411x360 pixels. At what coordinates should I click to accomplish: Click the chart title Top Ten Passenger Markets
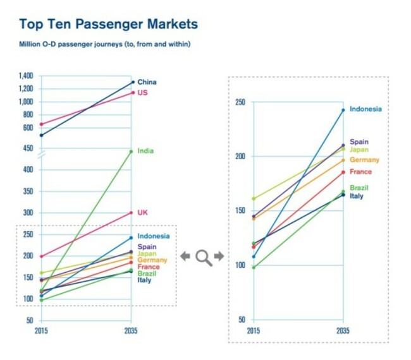[108, 25]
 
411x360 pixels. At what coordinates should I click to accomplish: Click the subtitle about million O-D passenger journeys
[105, 44]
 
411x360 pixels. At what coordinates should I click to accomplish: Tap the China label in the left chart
[147, 82]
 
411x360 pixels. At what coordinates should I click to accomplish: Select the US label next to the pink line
[142, 93]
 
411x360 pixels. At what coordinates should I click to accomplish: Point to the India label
[145, 151]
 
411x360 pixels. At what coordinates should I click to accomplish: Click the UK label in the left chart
[142, 212]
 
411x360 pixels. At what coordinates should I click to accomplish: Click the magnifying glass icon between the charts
[202, 256]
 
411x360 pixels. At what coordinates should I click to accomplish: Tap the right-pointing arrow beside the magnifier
[218, 256]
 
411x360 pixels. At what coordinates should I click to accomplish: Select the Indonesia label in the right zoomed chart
[365, 109]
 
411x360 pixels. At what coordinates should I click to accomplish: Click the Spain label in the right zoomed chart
[359, 142]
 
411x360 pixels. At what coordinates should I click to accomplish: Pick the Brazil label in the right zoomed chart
[359, 188]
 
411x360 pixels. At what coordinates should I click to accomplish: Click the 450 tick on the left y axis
[28, 148]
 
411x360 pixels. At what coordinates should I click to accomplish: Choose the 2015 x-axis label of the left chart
[41, 331]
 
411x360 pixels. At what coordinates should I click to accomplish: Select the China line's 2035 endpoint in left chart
[132, 82]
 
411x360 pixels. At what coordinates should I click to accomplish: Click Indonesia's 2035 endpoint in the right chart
[343, 110]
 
